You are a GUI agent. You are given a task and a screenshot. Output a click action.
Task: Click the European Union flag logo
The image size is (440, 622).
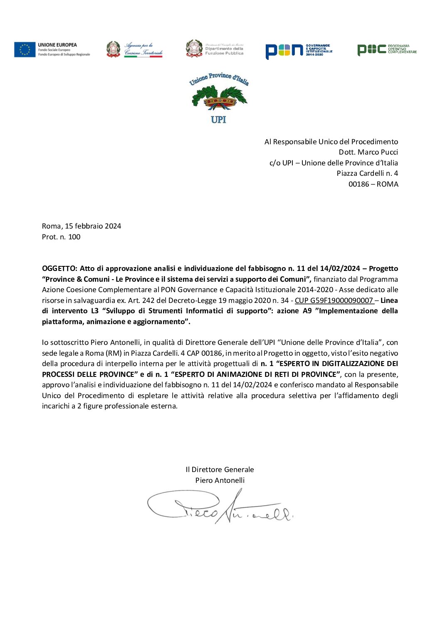point(25,49)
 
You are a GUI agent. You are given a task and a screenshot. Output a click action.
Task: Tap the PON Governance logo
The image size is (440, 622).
point(299,50)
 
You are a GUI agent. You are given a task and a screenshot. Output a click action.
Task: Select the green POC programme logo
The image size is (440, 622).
point(386,49)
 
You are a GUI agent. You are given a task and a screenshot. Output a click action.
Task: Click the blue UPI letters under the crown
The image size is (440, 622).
point(218,120)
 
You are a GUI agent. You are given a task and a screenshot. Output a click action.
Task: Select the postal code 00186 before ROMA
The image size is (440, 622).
point(358,184)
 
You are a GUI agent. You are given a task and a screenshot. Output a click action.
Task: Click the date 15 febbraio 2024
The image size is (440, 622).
point(93,226)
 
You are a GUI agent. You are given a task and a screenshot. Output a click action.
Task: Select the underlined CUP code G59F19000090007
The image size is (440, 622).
point(334,300)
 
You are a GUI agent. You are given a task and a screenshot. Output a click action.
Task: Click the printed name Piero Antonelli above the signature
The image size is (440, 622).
point(220,480)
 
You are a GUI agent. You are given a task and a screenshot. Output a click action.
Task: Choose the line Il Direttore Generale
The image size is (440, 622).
point(220,470)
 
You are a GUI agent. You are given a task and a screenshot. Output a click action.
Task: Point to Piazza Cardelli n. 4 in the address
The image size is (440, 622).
point(367,173)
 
